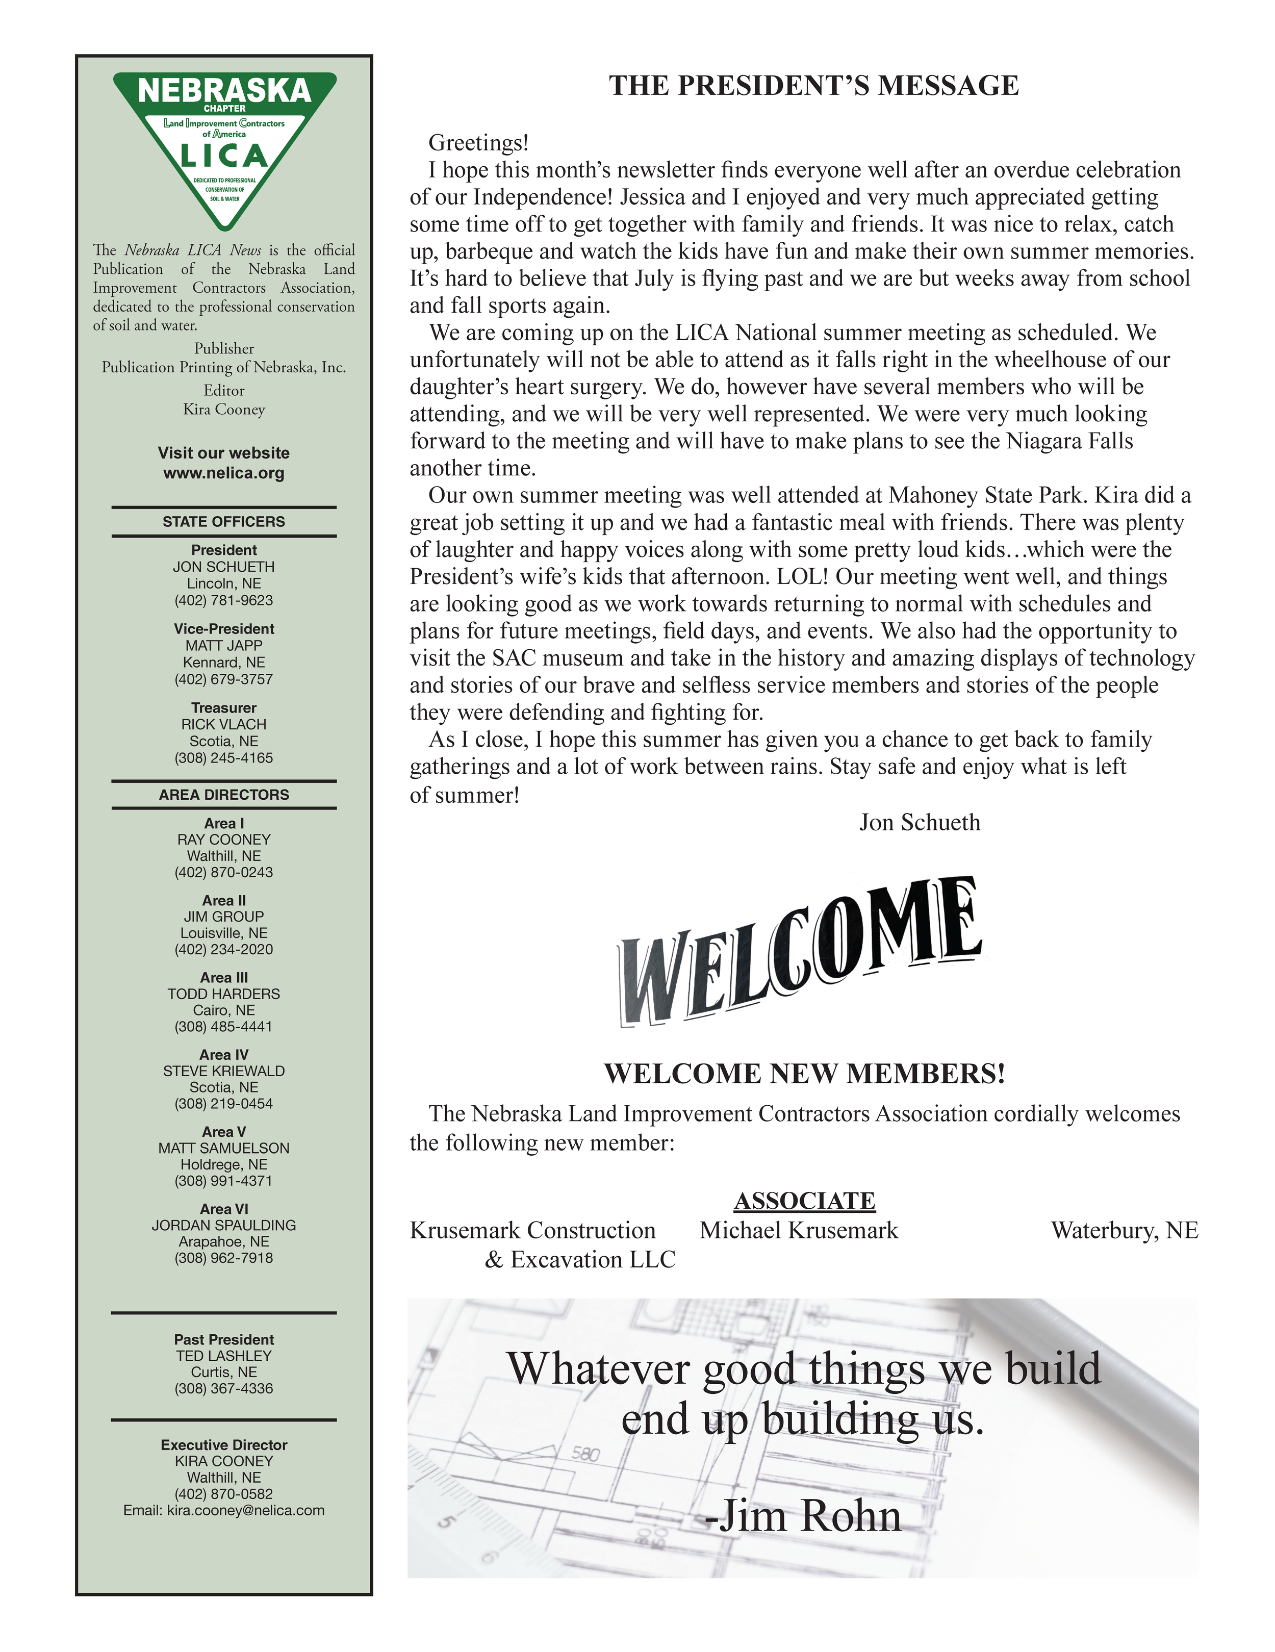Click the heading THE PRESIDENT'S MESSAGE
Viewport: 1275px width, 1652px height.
(813, 86)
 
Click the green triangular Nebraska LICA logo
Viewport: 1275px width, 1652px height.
(224, 144)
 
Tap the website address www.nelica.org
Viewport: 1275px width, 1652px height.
(224, 473)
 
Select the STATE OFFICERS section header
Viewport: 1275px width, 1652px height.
(224, 522)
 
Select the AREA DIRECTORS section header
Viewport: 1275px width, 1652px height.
(224, 795)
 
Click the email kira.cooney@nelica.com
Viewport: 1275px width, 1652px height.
(245, 1511)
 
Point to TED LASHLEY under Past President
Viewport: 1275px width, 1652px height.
(224, 1356)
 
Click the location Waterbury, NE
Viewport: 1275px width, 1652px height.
(1124, 1231)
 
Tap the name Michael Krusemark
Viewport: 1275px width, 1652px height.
(799, 1231)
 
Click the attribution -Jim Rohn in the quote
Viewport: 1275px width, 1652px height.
(803, 1517)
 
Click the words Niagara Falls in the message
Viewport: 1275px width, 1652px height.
(1069, 441)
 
